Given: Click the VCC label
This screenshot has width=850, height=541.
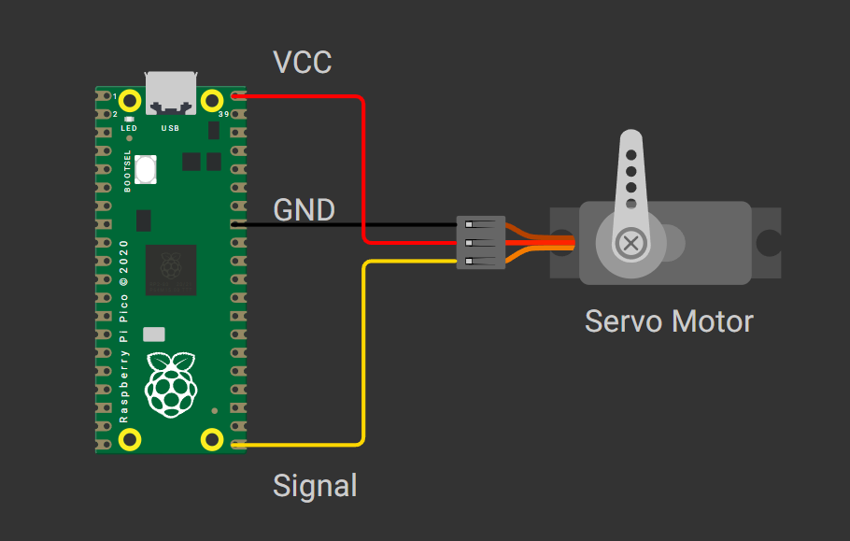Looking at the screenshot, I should [302, 63].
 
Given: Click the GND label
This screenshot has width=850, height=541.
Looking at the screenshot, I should [304, 209].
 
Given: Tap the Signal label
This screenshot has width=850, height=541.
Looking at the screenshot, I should [315, 486].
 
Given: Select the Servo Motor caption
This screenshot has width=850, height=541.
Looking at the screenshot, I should [669, 321].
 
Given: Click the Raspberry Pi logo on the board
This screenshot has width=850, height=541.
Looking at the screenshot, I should [171, 383].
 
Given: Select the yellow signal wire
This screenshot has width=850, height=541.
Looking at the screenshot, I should [362, 355].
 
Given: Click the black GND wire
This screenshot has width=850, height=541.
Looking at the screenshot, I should [346, 225].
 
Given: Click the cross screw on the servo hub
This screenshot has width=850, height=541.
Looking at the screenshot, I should [632, 244].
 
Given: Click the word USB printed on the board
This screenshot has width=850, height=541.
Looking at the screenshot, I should [171, 128].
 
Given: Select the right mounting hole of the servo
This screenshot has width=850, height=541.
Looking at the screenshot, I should [768, 243].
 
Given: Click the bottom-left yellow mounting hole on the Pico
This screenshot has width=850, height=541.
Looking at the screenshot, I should [131, 438].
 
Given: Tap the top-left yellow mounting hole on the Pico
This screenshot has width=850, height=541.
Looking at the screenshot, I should [131, 99].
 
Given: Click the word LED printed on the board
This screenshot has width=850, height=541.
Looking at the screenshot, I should [129, 128].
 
